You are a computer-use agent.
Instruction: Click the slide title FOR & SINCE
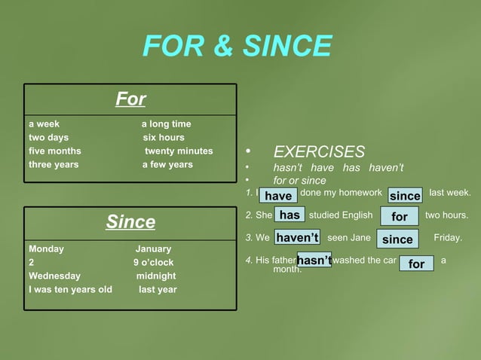coord(237,47)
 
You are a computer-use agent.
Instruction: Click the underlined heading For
coord(130,99)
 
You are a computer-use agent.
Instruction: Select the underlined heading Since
coord(130,222)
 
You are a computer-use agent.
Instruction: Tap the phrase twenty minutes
coord(179,151)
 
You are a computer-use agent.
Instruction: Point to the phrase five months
coord(54,151)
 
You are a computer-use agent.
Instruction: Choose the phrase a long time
coord(166,124)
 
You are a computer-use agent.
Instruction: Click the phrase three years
coord(54,165)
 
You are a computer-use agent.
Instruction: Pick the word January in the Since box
coord(153,249)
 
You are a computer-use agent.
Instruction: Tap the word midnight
coord(156,276)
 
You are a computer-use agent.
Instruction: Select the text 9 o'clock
coord(153,263)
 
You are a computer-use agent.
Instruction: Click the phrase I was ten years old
coord(70,290)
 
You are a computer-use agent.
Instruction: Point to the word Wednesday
coord(54,276)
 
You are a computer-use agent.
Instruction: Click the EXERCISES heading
coord(318,152)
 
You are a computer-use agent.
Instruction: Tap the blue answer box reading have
coord(278,196)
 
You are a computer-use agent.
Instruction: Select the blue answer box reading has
coord(290,215)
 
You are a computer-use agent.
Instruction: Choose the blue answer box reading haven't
coord(297,238)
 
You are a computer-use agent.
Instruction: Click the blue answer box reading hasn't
coord(314,261)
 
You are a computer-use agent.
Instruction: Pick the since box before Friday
coord(397,239)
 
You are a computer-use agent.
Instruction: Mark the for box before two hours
coord(400,217)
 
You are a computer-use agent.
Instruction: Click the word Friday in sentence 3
coord(448,238)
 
